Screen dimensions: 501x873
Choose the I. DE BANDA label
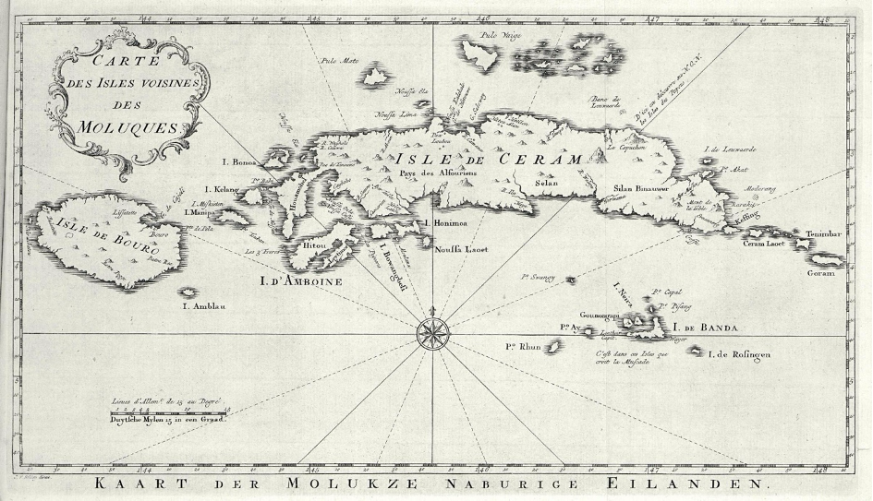pos(708,328)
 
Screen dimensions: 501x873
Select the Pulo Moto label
pos(337,63)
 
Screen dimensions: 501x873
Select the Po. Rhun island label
pos(522,347)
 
